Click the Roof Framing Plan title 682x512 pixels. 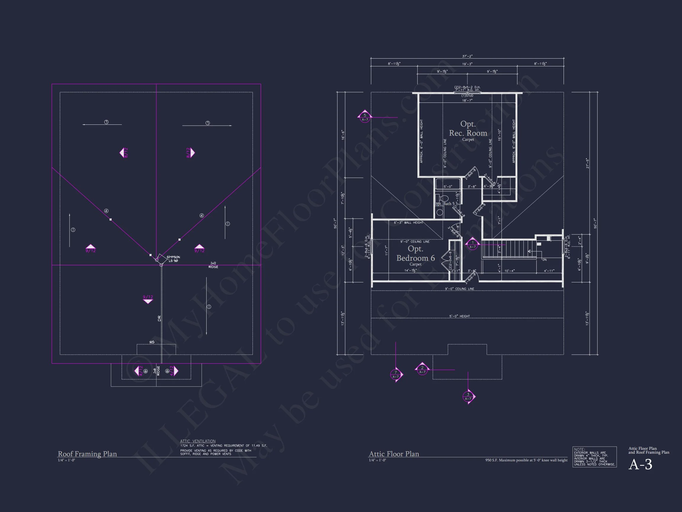[87, 454]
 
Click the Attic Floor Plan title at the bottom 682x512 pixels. [394, 454]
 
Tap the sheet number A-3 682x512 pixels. [640, 465]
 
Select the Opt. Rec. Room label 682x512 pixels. [468, 129]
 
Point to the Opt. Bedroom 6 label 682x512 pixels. [415, 254]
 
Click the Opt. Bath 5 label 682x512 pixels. [444, 204]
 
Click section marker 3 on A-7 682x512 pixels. [468, 396]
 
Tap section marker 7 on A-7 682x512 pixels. [395, 375]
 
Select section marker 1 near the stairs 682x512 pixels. [472, 244]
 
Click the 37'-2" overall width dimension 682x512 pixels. [467, 57]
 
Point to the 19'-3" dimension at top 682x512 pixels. [467, 64]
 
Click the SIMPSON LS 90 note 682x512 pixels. [173, 259]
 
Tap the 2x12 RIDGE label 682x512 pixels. [213, 265]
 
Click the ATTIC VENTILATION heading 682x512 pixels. [198, 441]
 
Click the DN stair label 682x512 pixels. [544, 260]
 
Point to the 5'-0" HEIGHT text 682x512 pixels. [459, 316]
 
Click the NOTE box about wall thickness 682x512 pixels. [594, 457]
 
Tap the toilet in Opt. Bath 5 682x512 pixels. [444, 198]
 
